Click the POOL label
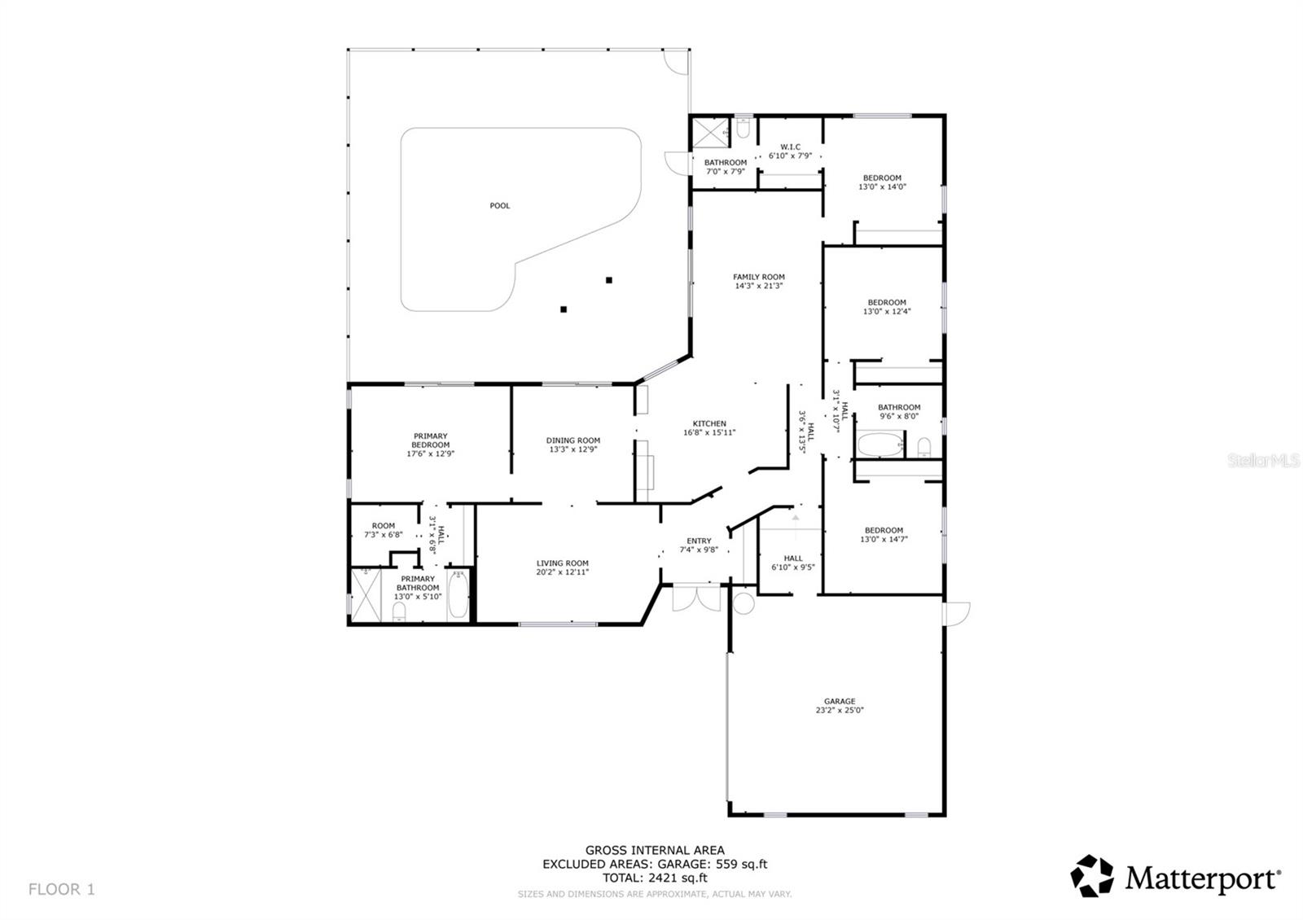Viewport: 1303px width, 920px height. [x=499, y=206]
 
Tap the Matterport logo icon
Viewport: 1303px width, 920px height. [x=1091, y=876]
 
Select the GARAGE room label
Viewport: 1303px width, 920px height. [x=839, y=701]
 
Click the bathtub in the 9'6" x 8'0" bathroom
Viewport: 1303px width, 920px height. [x=880, y=446]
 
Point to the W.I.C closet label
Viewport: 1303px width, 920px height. [x=789, y=147]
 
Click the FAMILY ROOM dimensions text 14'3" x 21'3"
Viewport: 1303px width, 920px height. [x=758, y=287]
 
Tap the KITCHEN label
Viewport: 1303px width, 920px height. [x=709, y=423]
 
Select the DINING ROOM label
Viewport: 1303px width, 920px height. [x=573, y=440]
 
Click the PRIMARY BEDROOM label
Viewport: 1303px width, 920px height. [x=430, y=440]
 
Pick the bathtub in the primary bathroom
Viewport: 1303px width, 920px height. [x=458, y=596]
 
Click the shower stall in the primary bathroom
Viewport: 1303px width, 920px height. [x=366, y=594]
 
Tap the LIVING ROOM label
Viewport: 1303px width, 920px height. [x=562, y=563]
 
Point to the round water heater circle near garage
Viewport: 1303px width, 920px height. [x=744, y=603]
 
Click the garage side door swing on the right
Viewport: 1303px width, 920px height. [x=957, y=613]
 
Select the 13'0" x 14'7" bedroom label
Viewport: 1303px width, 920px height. [x=883, y=530]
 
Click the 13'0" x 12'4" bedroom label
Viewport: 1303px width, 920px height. [x=886, y=302]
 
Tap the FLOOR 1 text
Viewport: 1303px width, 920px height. [x=62, y=889]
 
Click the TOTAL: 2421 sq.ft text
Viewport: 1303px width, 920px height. [x=654, y=878]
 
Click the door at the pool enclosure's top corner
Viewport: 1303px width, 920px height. [x=676, y=62]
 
